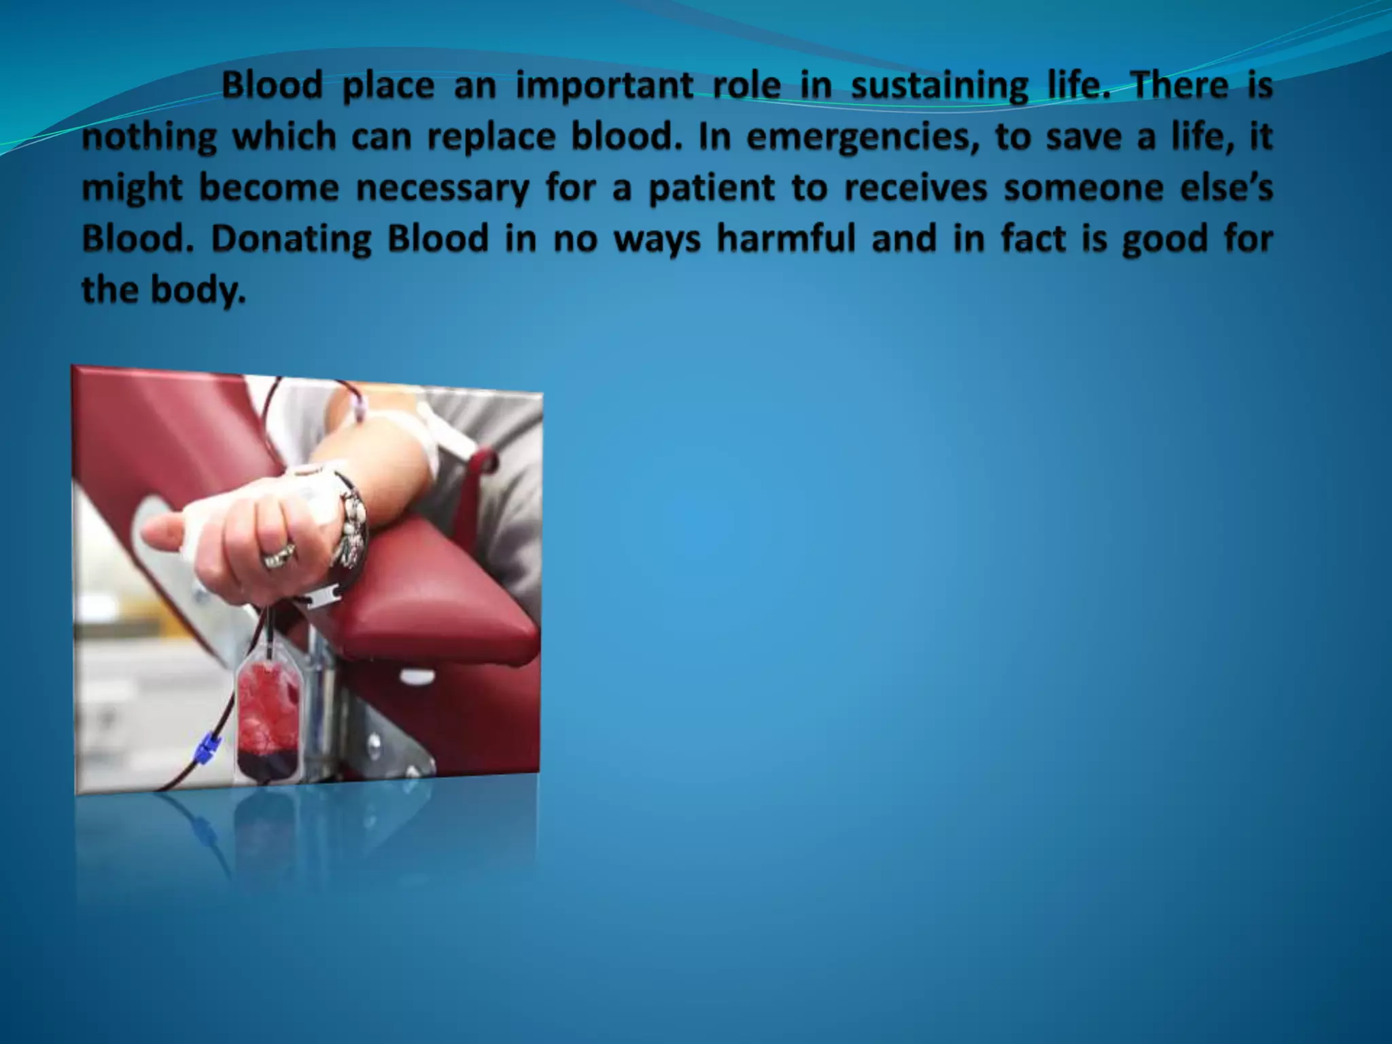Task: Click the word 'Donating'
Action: [292, 239]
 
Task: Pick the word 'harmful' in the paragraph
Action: [786, 239]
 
